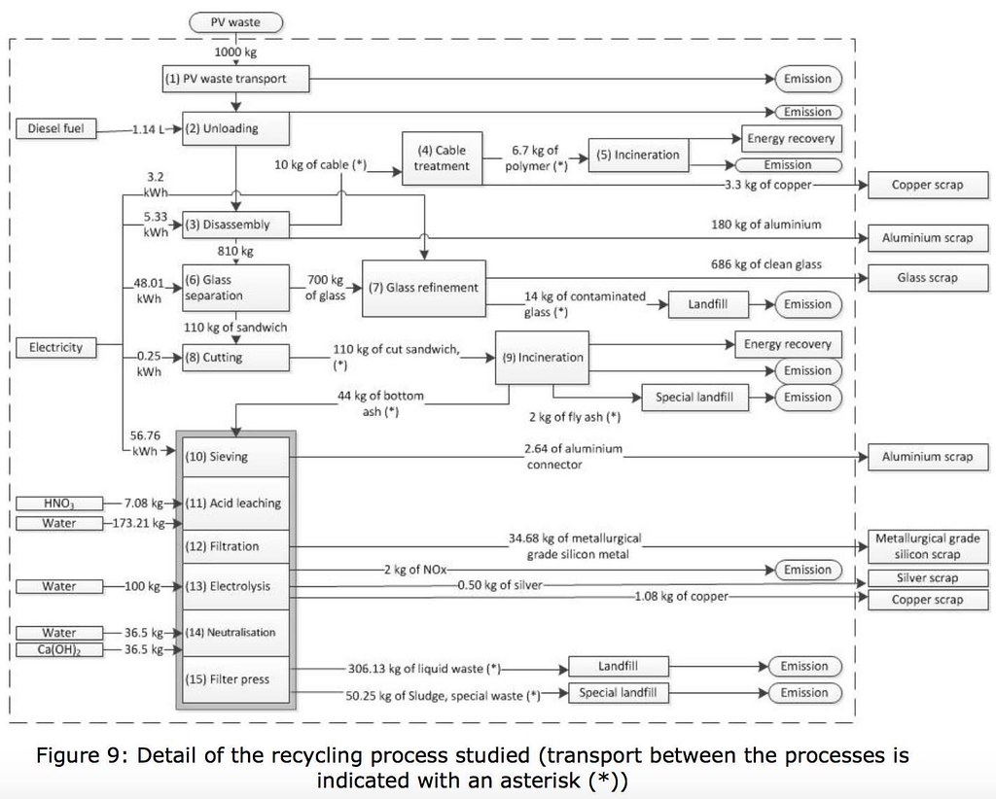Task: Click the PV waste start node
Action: pyautogui.click(x=235, y=22)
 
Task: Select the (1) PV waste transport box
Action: pyautogui.click(x=235, y=79)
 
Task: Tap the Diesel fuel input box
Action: pyautogui.click(x=55, y=128)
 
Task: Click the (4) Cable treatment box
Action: pyautogui.click(x=443, y=158)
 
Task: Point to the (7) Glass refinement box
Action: pyautogui.click(x=424, y=288)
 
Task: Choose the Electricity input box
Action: pyautogui.click(x=55, y=347)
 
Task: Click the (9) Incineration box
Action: pyautogui.click(x=543, y=358)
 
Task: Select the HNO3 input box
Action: pyautogui.click(x=59, y=504)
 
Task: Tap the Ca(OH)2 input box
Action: pyautogui.click(x=59, y=649)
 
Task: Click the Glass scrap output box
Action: pyautogui.click(x=928, y=277)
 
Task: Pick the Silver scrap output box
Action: pyautogui.click(x=928, y=577)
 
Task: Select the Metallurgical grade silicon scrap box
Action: pyautogui.click(x=928, y=546)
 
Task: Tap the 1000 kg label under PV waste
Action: pyautogui.click(x=235, y=52)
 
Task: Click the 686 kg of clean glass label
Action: pyautogui.click(x=766, y=264)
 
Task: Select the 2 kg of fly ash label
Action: pyautogui.click(x=575, y=416)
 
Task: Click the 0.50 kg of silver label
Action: pyautogui.click(x=500, y=584)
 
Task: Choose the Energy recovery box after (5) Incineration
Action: pyautogui.click(x=792, y=138)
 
